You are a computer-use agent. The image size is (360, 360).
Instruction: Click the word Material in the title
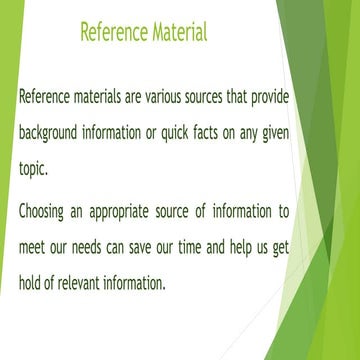pos(173,32)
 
